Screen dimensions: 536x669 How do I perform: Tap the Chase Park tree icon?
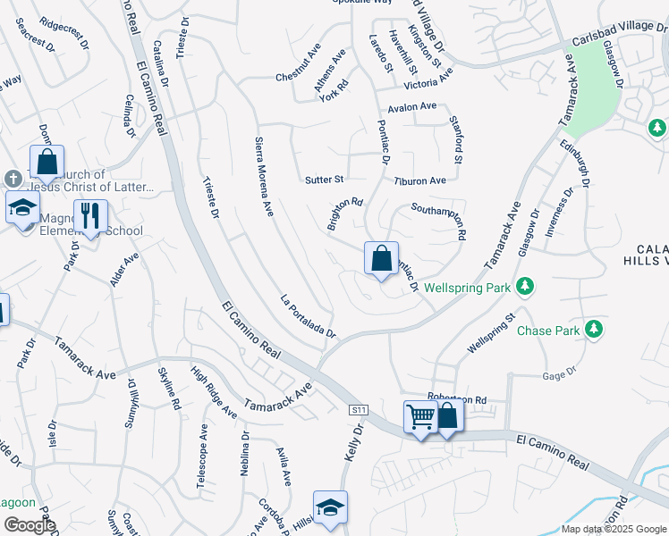(593, 331)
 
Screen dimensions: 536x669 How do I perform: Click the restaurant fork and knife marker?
(90, 216)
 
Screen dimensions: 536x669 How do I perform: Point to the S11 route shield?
(358, 409)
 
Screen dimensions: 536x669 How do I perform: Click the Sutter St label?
(325, 180)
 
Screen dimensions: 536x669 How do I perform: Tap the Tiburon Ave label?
(419, 180)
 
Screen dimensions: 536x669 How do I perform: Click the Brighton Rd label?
(344, 214)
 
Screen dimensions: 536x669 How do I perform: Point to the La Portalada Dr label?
(307, 317)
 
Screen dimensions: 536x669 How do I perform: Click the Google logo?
(30, 525)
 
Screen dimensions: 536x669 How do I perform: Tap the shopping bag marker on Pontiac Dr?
(381, 259)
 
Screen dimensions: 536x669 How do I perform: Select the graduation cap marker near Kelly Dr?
(330, 507)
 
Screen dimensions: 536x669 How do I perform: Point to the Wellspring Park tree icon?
(528, 286)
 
